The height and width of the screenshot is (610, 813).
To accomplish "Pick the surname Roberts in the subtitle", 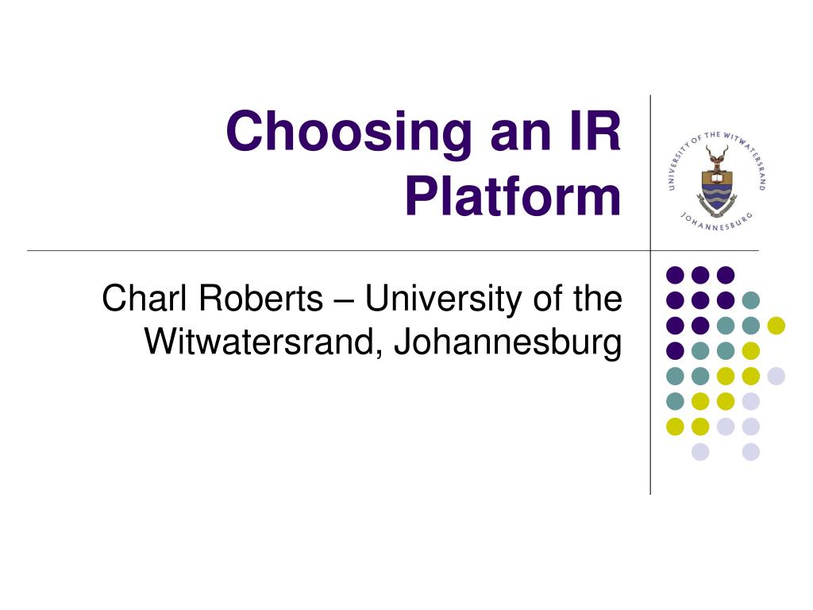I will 261,299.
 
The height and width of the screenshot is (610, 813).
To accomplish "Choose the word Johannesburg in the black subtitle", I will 507,343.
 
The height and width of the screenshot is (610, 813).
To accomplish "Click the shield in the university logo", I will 717,188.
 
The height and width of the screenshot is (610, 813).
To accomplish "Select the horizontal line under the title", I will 318,250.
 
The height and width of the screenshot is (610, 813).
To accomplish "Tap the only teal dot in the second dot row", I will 750,300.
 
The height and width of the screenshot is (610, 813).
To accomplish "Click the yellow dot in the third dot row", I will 776,325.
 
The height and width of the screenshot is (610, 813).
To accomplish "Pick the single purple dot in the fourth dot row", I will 675,350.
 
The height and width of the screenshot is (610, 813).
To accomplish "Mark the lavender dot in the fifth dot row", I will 776,376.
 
